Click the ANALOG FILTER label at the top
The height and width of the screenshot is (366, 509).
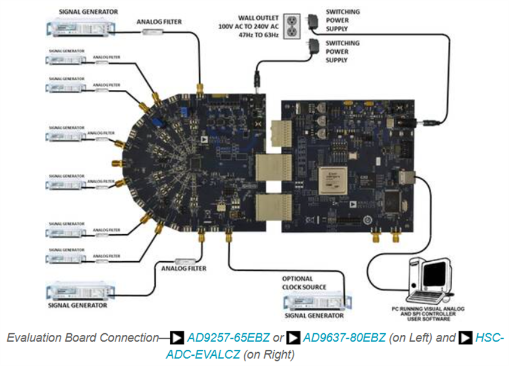[159, 22]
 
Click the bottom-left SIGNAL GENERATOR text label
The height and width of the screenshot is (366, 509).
[80, 305]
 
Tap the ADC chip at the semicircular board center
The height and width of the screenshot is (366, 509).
[193, 162]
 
